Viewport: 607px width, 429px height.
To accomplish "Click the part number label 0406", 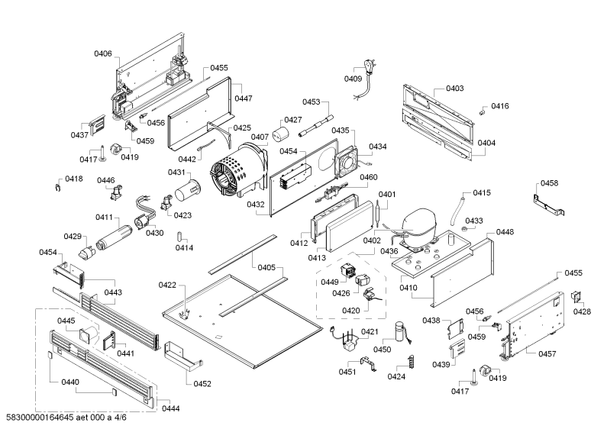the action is tap(103, 53).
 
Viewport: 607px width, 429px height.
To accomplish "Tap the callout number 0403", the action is tap(454, 89).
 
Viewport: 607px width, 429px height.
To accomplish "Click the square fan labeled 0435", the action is tap(348, 160).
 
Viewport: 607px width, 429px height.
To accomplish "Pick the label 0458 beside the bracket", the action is tap(549, 183).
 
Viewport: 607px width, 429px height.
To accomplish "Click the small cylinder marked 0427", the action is tap(281, 134).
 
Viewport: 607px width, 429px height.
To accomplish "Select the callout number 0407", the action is tap(260, 137).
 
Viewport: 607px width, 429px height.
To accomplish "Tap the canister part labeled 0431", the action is tap(188, 190).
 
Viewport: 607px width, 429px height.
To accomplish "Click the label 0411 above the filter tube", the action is tap(105, 218).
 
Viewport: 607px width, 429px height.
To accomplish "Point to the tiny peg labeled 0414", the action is tap(179, 236).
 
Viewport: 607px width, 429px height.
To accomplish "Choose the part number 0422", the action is tap(167, 285).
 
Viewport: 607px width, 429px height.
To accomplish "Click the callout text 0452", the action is tap(202, 384).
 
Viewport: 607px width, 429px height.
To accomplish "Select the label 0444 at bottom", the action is tap(171, 408).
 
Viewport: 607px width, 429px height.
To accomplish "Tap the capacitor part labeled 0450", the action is tap(401, 332).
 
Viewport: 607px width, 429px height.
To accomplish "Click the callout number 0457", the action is tap(547, 353).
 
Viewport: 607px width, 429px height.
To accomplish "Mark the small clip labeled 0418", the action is tap(58, 187).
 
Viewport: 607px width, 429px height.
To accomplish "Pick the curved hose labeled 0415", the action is tap(457, 211).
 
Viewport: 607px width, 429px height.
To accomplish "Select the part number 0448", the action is tap(505, 232).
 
